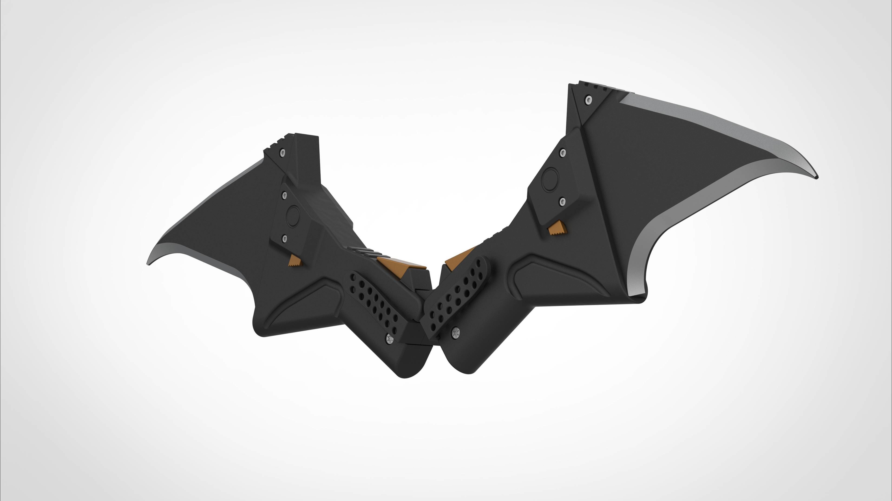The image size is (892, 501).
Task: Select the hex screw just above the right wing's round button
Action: pos(563,152)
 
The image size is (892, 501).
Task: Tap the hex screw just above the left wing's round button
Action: pos(284,195)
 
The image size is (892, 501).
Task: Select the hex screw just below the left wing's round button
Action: pos(285,238)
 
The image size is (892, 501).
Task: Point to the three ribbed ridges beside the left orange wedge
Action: pos(362,252)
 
